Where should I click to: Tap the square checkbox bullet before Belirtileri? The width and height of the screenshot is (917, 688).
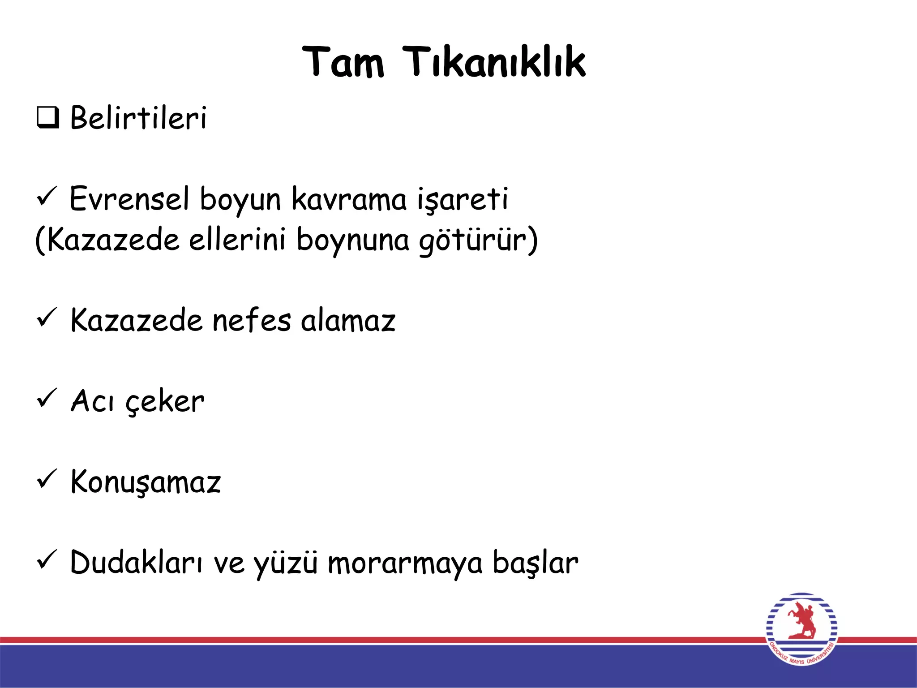(x=47, y=118)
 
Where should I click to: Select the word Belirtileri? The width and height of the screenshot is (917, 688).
(x=138, y=118)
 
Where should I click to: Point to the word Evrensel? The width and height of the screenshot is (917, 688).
(x=129, y=198)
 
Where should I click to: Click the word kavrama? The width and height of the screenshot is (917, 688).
(x=349, y=198)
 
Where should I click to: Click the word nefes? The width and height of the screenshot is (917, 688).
(x=251, y=320)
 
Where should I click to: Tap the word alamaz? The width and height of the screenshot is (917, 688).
(x=348, y=320)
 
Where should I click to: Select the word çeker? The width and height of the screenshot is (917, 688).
(x=165, y=401)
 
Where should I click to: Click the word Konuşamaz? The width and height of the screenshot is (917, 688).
(x=146, y=482)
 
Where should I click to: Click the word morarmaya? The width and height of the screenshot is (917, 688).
(x=405, y=563)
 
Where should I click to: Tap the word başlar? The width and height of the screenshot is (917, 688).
(x=536, y=562)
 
